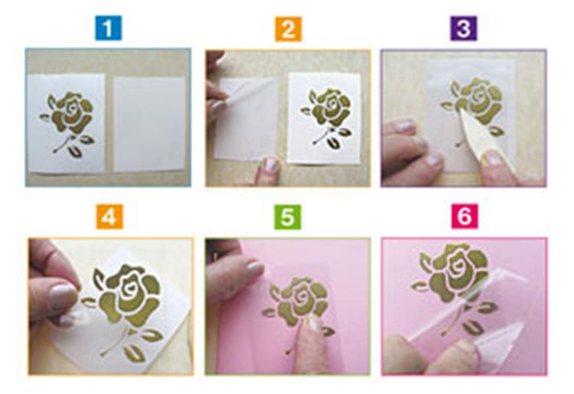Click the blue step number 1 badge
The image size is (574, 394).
[108, 28]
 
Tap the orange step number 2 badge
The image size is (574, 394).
[288, 28]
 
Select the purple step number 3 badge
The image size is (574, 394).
[464, 28]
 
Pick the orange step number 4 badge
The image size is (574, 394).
[108, 217]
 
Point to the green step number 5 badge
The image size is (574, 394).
[288, 217]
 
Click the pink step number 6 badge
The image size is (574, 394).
[464, 217]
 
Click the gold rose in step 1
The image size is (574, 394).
[70, 115]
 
